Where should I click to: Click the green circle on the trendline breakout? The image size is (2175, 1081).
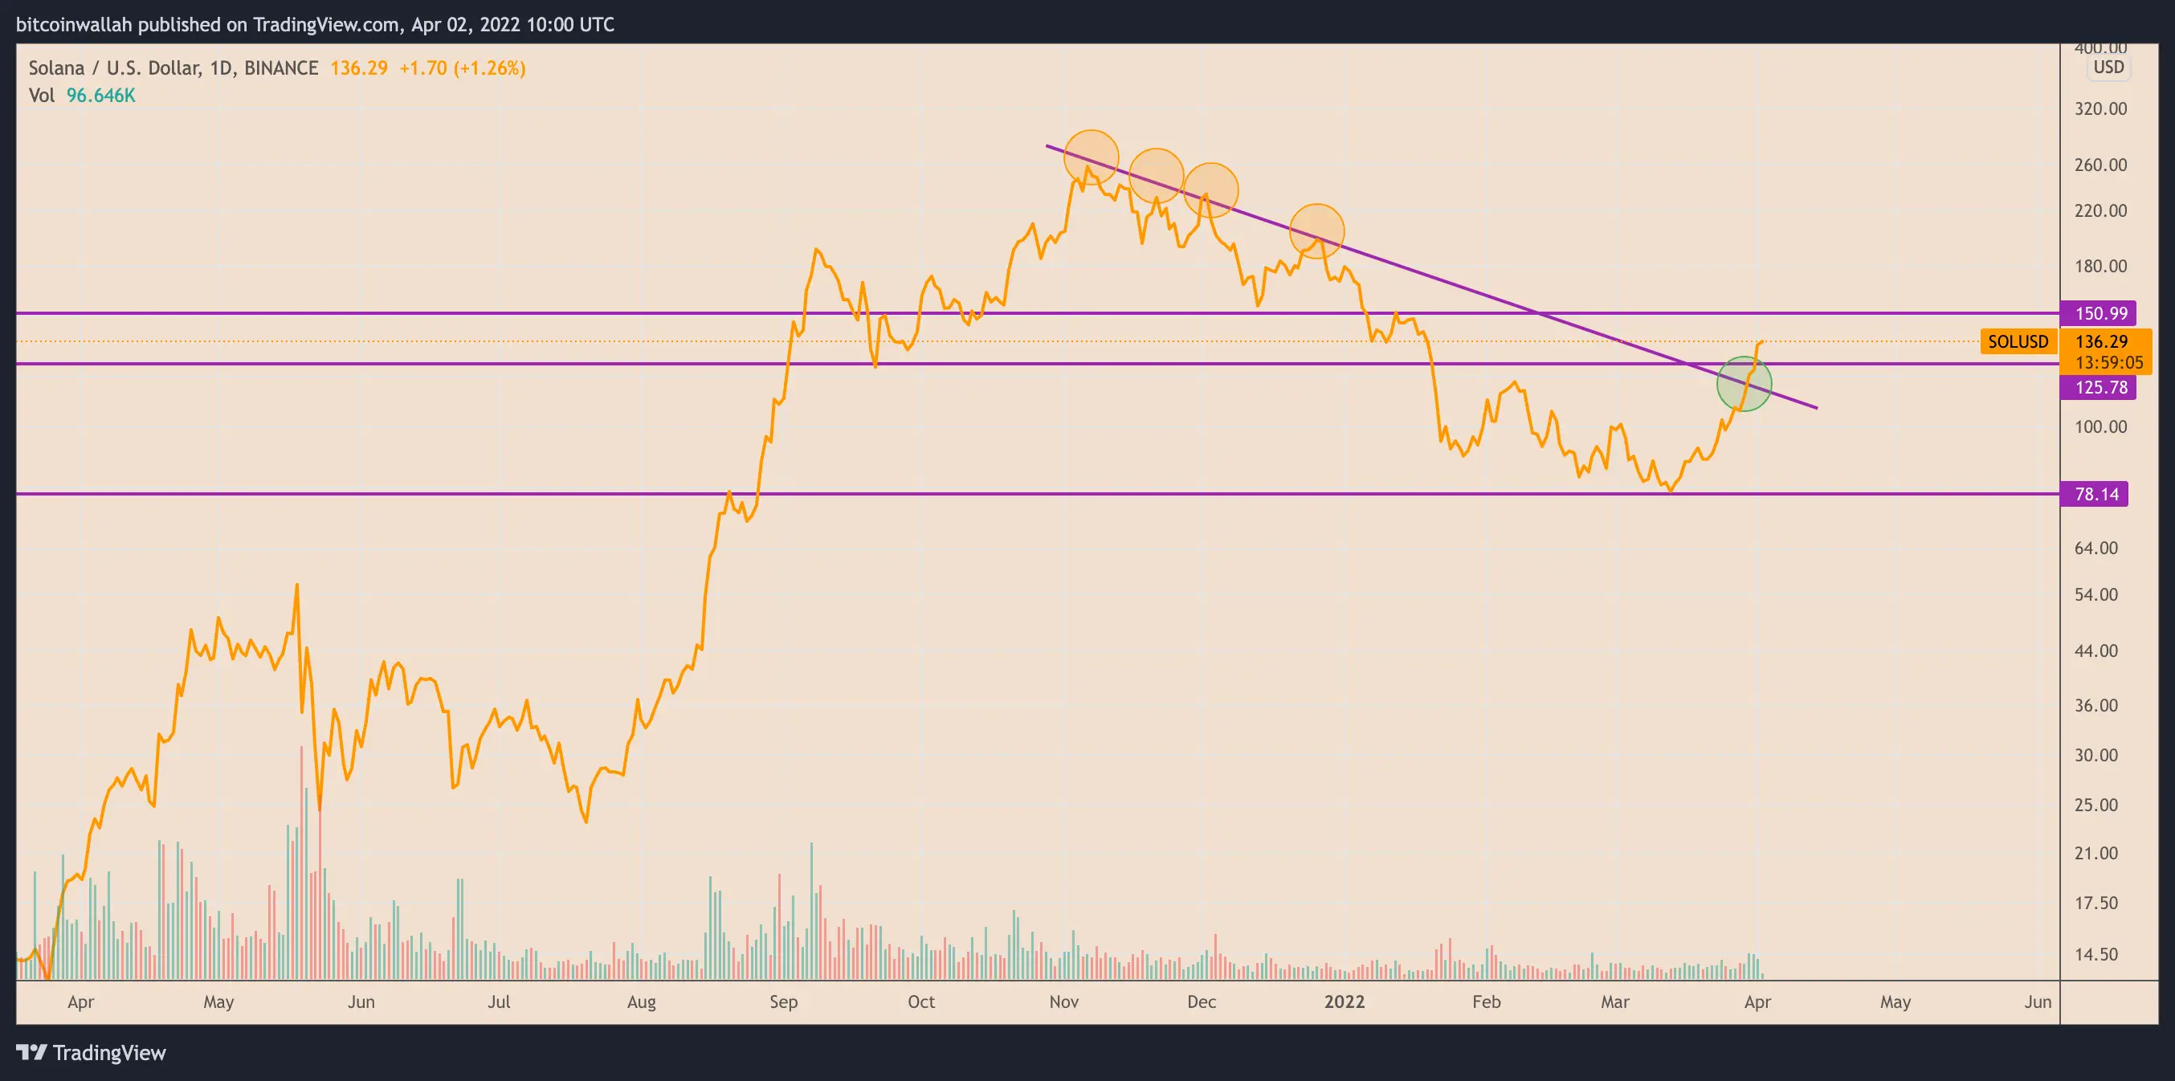pos(1744,384)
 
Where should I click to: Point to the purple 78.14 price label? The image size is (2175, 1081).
pos(2096,494)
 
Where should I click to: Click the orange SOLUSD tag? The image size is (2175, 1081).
pos(2017,342)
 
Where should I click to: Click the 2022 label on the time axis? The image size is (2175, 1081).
pos(1345,1001)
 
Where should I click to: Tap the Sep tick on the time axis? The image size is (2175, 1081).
pos(783,1001)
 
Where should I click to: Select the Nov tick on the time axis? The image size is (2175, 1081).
pos(1064,1001)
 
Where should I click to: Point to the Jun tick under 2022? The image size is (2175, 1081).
pos(2038,1001)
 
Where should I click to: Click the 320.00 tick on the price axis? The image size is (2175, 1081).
pos(2100,109)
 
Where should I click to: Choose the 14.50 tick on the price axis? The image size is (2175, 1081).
pos(2096,954)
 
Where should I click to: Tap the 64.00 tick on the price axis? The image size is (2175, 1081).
pos(2096,548)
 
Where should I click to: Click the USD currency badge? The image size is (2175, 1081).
pos(2108,67)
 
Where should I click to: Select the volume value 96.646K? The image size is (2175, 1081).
pos(100,96)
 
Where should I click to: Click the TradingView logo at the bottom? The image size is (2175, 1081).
pos(92,1053)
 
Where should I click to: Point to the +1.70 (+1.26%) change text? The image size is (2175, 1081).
pos(462,68)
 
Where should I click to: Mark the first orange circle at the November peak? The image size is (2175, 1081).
pos(1091,157)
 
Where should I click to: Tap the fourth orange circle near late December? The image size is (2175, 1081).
pos(1316,230)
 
